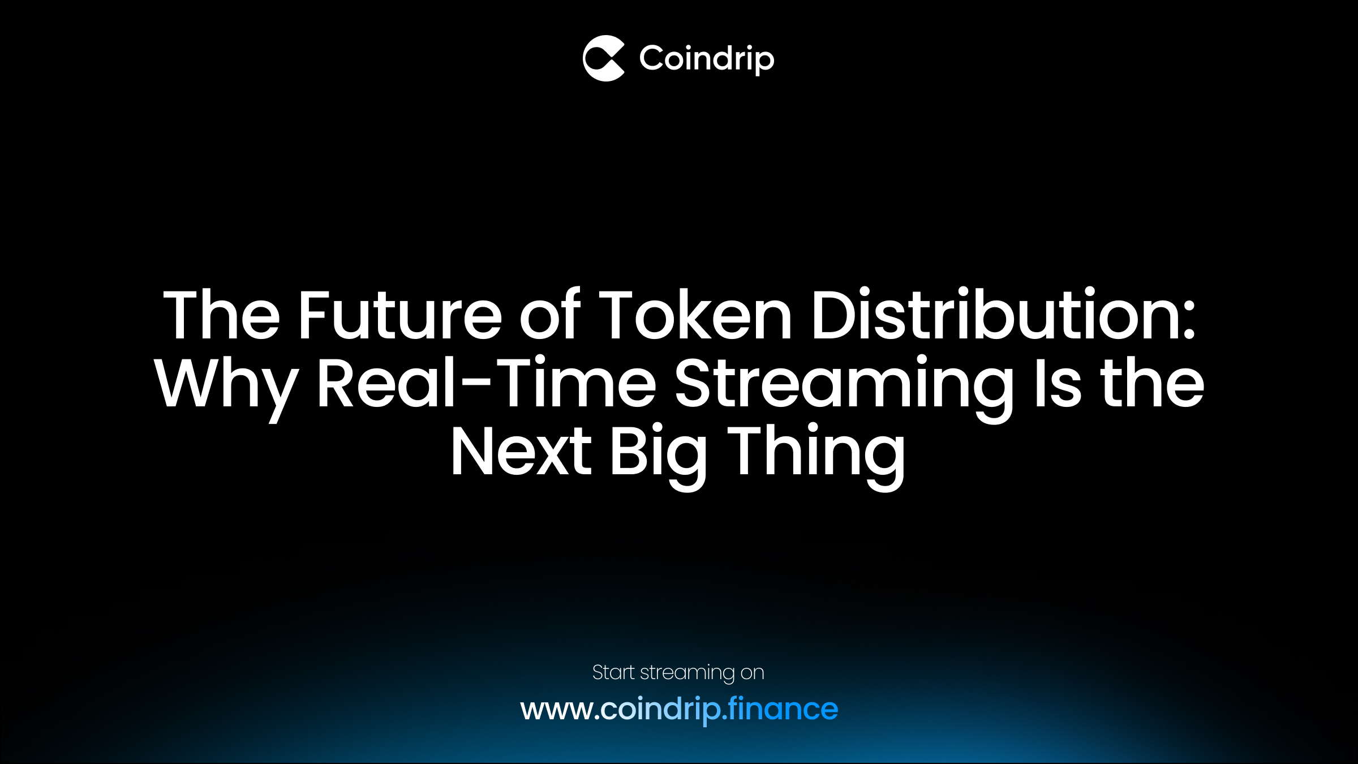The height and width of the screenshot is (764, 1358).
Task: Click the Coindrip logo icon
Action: [604, 58]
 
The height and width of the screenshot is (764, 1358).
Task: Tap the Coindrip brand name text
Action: [707, 58]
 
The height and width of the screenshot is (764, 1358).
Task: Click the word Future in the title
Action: [399, 315]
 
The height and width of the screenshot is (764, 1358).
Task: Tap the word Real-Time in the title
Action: [486, 384]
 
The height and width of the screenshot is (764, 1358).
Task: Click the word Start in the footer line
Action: [613, 672]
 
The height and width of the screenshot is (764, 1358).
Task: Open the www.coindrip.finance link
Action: [679, 709]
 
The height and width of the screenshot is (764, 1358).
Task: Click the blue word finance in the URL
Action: [783, 709]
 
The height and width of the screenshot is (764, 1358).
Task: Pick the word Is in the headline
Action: [1058, 384]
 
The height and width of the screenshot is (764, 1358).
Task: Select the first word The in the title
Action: [221, 315]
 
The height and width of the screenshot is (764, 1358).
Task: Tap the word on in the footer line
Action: [752, 673]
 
